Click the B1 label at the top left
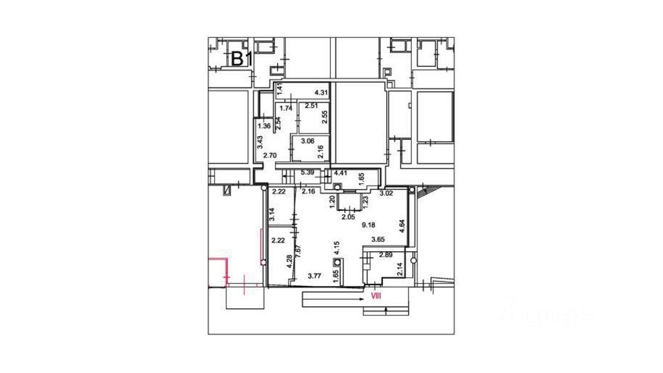(241, 59)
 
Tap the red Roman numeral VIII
(375, 296)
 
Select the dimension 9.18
(368, 225)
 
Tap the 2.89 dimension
(386, 255)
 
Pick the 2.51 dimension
(311, 106)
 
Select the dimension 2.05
(348, 218)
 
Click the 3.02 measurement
(386, 194)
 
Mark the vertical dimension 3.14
(271, 213)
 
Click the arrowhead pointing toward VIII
(361, 299)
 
